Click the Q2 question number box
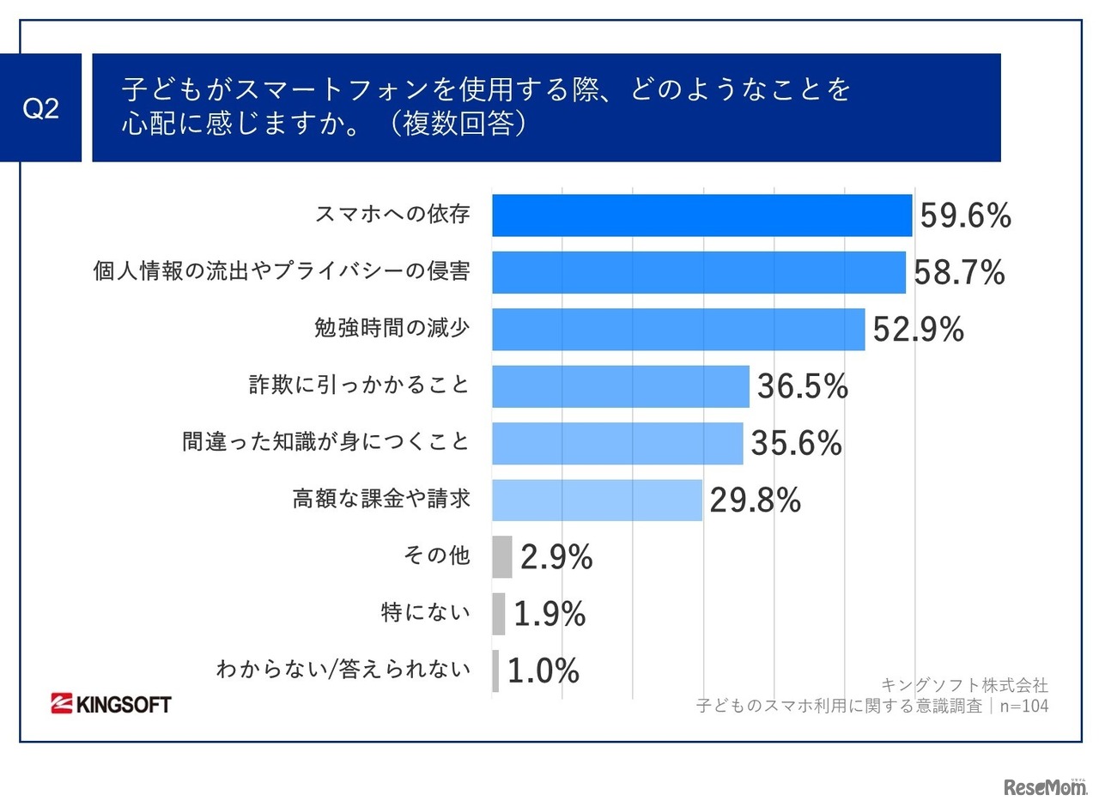pyautogui.click(x=40, y=108)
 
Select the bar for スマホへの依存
pyautogui.click(x=701, y=215)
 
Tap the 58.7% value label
pyautogui.click(x=959, y=273)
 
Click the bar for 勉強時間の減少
pyautogui.click(x=678, y=330)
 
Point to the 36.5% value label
pyautogui.click(x=802, y=387)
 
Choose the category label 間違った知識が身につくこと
pyautogui.click(x=326, y=441)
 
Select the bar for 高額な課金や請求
pyautogui.click(x=597, y=501)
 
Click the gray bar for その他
pyautogui.click(x=502, y=557)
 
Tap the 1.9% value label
pyautogui.click(x=549, y=614)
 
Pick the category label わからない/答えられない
pyautogui.click(x=343, y=669)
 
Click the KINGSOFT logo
pyautogui.click(x=111, y=704)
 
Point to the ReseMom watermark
pyautogui.click(x=1045, y=786)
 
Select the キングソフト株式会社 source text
pyautogui.click(x=964, y=685)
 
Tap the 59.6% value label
pyautogui.click(x=965, y=216)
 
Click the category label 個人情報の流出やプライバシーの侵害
pyautogui.click(x=282, y=271)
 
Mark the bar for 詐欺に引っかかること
pyautogui.click(x=620, y=386)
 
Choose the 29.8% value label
pyautogui.click(x=755, y=501)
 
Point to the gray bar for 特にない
pyautogui.click(x=499, y=614)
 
